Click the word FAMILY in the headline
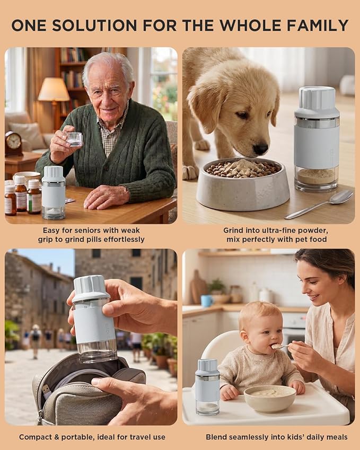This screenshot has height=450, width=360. click(318, 25)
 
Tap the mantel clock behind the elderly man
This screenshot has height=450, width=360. click(13, 144)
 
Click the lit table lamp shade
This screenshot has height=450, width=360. click(54, 89)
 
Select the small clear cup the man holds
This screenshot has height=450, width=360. click(74, 139)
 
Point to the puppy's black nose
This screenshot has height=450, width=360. click(260, 148)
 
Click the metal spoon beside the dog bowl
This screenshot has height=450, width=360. click(319, 205)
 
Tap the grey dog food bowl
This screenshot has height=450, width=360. click(243, 184)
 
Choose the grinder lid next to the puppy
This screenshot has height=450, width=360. click(317, 102)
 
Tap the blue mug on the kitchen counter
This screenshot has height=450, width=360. click(207, 301)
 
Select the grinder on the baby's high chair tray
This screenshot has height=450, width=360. click(207, 386)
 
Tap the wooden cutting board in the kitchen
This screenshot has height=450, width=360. click(198, 287)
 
